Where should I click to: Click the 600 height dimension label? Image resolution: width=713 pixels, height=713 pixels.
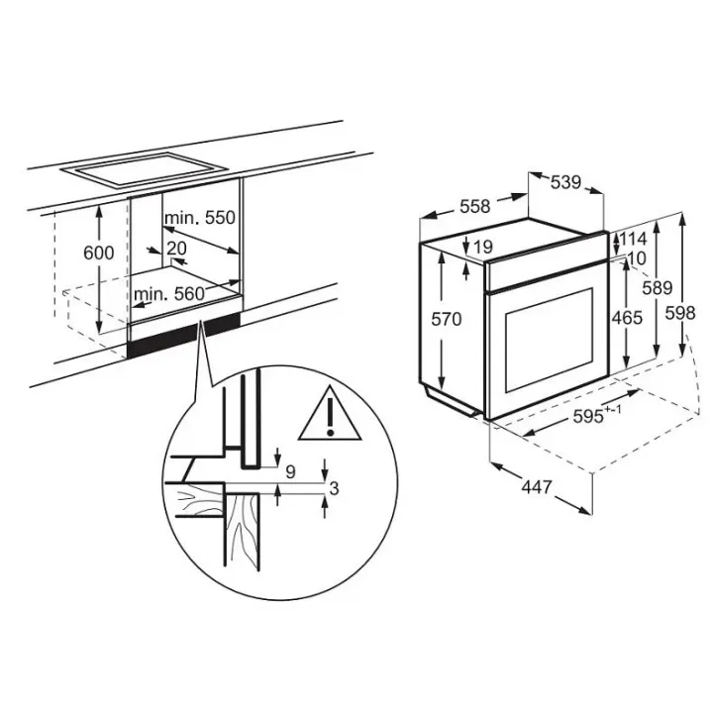point(99,253)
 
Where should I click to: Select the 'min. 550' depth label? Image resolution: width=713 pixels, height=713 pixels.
point(200,218)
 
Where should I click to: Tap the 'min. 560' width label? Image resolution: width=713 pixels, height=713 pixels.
point(169,294)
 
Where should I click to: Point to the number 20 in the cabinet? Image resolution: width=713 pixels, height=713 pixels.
point(177,249)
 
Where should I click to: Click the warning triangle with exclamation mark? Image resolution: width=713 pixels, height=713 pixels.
point(330,414)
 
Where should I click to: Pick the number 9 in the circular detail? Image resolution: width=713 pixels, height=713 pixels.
point(290,471)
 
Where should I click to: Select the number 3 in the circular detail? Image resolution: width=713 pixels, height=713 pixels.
point(335,488)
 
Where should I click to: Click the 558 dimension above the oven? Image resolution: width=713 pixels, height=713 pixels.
point(475,206)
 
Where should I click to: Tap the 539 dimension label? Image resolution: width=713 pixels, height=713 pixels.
point(565,183)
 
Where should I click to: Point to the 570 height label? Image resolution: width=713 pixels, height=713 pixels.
point(446,319)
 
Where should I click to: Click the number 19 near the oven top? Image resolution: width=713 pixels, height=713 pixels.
point(483,247)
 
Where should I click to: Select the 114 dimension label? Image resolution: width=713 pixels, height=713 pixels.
point(632,239)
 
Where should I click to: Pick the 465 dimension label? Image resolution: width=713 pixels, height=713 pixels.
point(627,318)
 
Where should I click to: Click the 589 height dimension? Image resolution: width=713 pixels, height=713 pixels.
point(658,288)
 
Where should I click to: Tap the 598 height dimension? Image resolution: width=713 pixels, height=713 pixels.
point(680,313)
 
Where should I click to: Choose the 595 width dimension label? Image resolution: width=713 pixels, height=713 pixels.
point(597,414)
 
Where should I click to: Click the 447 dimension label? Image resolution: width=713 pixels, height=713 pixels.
point(537,487)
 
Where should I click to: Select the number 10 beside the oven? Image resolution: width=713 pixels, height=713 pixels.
point(636,258)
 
